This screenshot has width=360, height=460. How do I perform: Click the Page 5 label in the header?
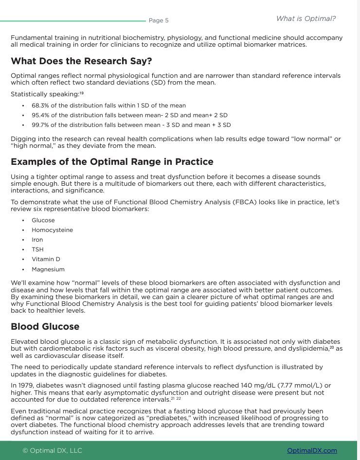click(x=158, y=20)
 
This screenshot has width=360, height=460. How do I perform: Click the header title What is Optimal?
click(x=306, y=18)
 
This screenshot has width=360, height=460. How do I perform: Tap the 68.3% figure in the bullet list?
click(x=40, y=106)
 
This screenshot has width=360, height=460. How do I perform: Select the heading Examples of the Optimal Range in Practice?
click(x=111, y=161)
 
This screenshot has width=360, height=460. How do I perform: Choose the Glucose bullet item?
click(x=43, y=220)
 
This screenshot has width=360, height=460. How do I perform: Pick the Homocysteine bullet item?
click(x=52, y=230)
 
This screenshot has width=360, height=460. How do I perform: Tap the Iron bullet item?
click(x=37, y=240)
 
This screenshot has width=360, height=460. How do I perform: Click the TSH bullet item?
click(x=37, y=249)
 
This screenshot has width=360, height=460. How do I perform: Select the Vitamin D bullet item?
click(x=46, y=259)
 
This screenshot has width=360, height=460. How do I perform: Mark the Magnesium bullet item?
click(x=48, y=269)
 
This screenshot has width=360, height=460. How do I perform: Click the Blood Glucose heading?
click(x=45, y=326)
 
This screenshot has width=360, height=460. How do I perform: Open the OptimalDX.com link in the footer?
click(x=312, y=451)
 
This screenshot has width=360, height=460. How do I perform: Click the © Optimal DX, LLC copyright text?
click(x=52, y=451)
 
